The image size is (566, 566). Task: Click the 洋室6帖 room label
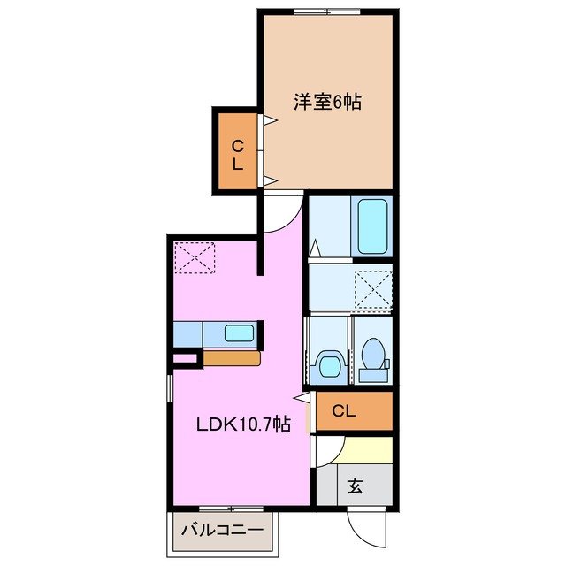click(328, 101)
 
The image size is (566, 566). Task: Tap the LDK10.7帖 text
click(242, 424)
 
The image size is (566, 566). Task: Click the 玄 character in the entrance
click(355, 486)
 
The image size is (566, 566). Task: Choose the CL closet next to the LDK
click(345, 410)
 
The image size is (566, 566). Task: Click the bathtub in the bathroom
click(372, 226)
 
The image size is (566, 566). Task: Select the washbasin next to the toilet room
click(328, 363)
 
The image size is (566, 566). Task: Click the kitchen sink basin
click(237, 333)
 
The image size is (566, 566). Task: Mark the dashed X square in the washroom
click(372, 289)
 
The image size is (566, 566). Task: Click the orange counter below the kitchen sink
click(232, 358)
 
